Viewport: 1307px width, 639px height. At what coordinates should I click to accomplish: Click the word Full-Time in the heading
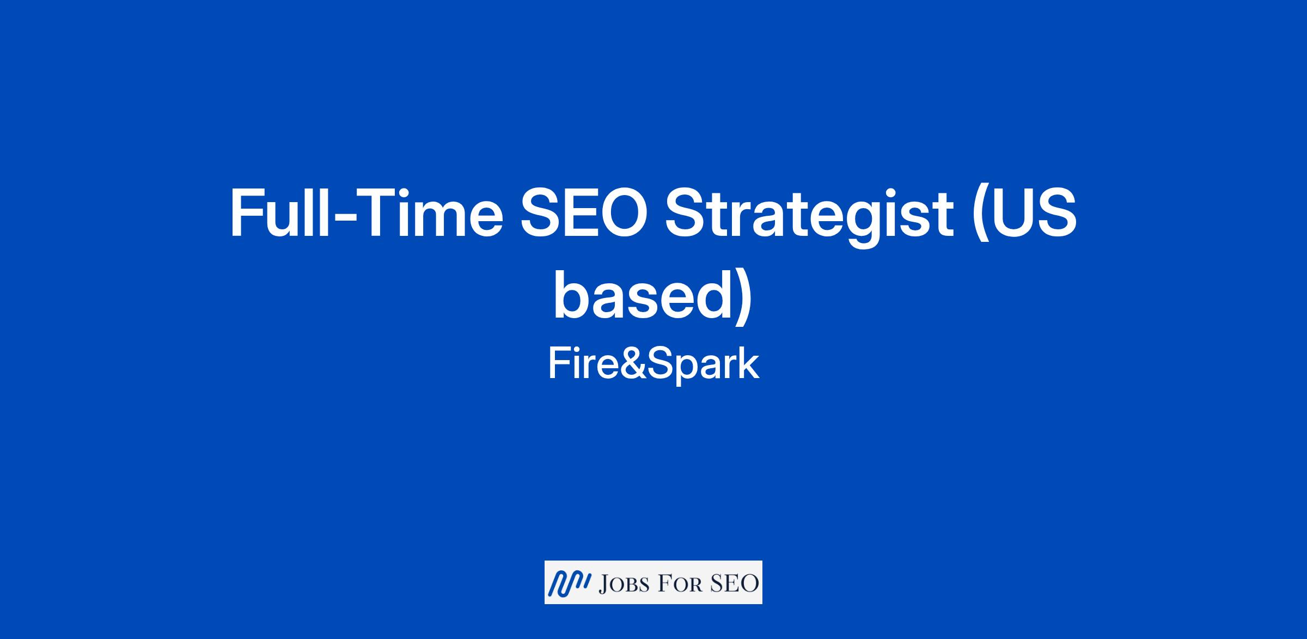(x=366, y=213)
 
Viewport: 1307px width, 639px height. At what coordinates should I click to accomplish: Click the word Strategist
(x=807, y=217)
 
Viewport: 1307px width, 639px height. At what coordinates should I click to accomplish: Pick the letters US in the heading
(x=1036, y=213)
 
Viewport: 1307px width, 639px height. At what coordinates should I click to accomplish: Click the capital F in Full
(x=247, y=213)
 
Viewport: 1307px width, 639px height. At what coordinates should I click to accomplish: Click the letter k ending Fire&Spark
(x=748, y=363)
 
